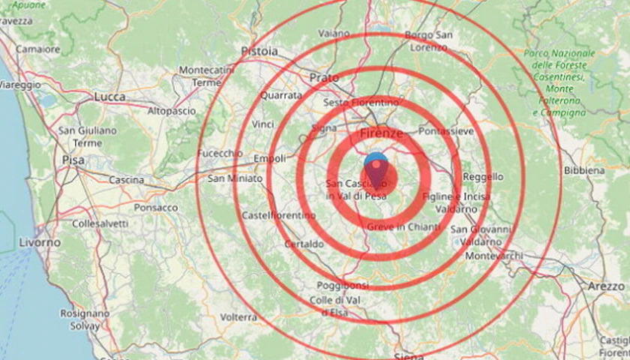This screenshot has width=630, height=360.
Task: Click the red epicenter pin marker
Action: point(376,172)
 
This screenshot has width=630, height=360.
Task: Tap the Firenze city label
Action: point(382,133)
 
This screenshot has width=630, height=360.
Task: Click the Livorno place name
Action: point(39,242)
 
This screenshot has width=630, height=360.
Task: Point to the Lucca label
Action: point(110,97)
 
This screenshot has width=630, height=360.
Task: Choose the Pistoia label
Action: point(259,51)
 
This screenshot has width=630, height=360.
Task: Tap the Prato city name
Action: point(324,76)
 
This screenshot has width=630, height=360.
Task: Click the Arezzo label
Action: point(605,286)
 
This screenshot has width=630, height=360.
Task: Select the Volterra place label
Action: point(238,317)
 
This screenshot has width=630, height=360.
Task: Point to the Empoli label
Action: point(270,158)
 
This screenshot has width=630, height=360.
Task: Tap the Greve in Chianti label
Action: point(404,226)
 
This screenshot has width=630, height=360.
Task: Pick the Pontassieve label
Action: point(446,131)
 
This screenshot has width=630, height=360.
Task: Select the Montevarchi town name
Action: point(495,256)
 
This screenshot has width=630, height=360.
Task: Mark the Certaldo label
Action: point(304,244)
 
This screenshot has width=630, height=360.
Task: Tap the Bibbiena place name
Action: point(584,171)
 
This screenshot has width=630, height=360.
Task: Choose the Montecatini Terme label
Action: point(207,76)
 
